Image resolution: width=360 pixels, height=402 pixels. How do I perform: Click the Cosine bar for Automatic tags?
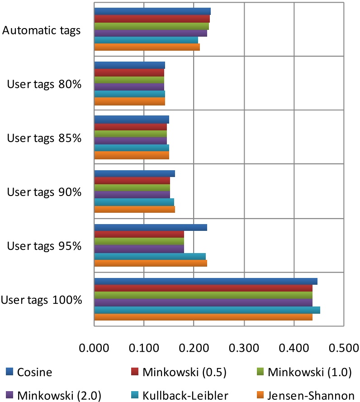[x=152, y=11]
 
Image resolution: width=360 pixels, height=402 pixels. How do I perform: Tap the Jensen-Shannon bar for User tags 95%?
[x=150, y=263]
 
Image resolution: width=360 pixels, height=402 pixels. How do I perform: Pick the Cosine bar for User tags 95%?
[x=150, y=227]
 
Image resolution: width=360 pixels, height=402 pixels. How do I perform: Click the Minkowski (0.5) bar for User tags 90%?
[x=132, y=181]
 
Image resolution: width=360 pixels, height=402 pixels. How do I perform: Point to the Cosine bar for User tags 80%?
[x=129, y=65]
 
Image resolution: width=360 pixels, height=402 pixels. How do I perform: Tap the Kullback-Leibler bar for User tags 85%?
[x=131, y=148]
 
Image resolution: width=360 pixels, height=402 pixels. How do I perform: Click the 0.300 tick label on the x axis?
[x=244, y=349]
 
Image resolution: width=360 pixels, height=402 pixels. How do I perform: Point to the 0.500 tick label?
[x=343, y=349]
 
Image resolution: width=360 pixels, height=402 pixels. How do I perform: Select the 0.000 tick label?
[x=94, y=349]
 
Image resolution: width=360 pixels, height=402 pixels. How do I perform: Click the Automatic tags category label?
[x=42, y=31]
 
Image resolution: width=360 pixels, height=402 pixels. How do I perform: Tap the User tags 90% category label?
[x=44, y=192]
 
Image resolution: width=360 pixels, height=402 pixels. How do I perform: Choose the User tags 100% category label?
[x=42, y=300]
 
